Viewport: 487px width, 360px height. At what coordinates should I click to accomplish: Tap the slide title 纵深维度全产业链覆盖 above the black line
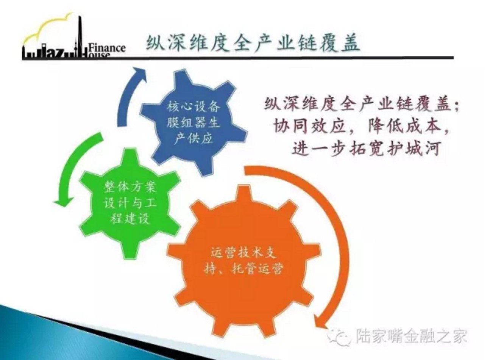[253, 43]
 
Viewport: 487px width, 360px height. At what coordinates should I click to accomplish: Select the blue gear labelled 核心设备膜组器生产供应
[194, 123]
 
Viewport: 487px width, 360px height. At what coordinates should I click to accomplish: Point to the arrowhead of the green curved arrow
[64, 201]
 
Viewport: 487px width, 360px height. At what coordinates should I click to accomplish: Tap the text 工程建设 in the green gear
[130, 218]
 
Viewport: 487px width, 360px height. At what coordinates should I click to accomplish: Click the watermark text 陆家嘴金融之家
[411, 342]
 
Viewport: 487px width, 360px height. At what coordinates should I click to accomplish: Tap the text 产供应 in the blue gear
[194, 138]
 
